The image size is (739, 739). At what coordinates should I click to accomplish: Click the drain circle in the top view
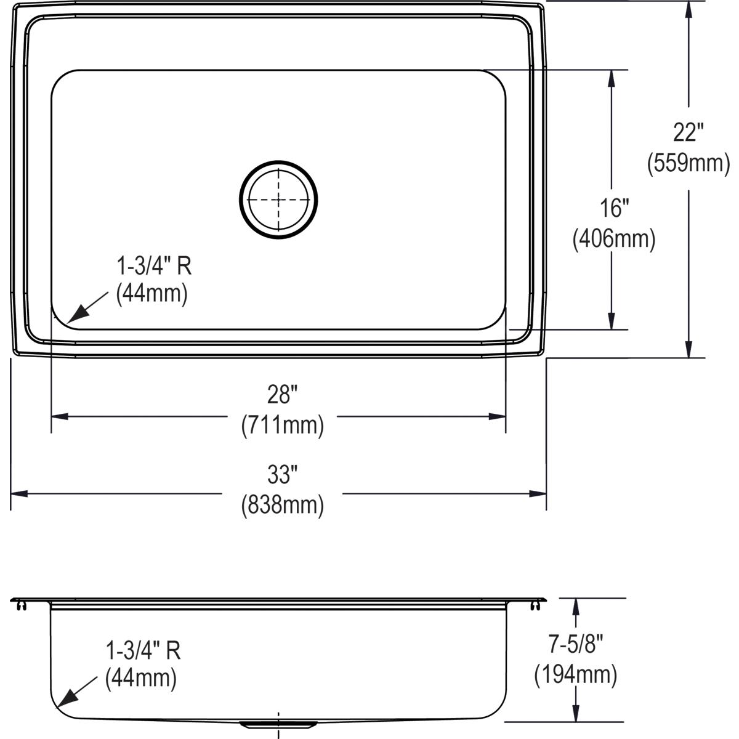tap(278, 199)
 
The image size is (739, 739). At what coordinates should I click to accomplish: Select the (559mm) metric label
tap(688, 163)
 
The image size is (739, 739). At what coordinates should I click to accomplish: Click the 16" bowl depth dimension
tap(613, 208)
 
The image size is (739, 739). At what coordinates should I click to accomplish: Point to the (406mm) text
tap(613, 239)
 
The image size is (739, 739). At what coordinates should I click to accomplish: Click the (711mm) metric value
tap(282, 425)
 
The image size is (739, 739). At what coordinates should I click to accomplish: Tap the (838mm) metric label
tap(282, 505)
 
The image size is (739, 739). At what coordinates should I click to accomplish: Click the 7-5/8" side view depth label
tap(575, 645)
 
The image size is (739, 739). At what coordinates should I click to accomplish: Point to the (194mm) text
tap(575, 675)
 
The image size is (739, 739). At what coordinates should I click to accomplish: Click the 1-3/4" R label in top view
tap(154, 266)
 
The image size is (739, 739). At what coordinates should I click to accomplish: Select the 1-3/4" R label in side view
tap(143, 650)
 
